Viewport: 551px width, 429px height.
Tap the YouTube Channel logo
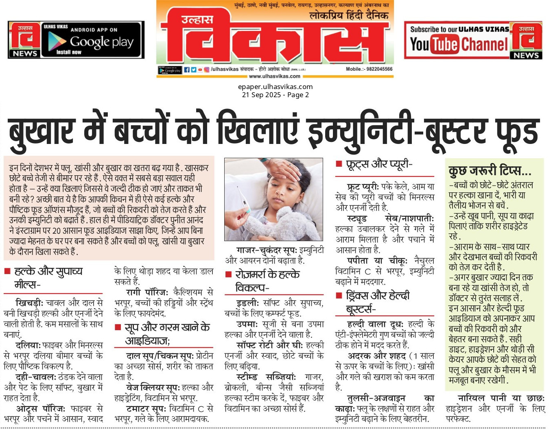coord(459,44)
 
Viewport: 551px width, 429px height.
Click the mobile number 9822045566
coord(379,69)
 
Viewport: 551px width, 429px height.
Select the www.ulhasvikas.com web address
coord(274,76)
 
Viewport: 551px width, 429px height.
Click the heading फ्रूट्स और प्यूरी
coord(379,164)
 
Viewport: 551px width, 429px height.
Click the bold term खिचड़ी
coord(29,303)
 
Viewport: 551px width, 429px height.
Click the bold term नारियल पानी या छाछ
coord(501,398)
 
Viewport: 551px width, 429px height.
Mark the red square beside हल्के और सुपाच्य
coord(7,271)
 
